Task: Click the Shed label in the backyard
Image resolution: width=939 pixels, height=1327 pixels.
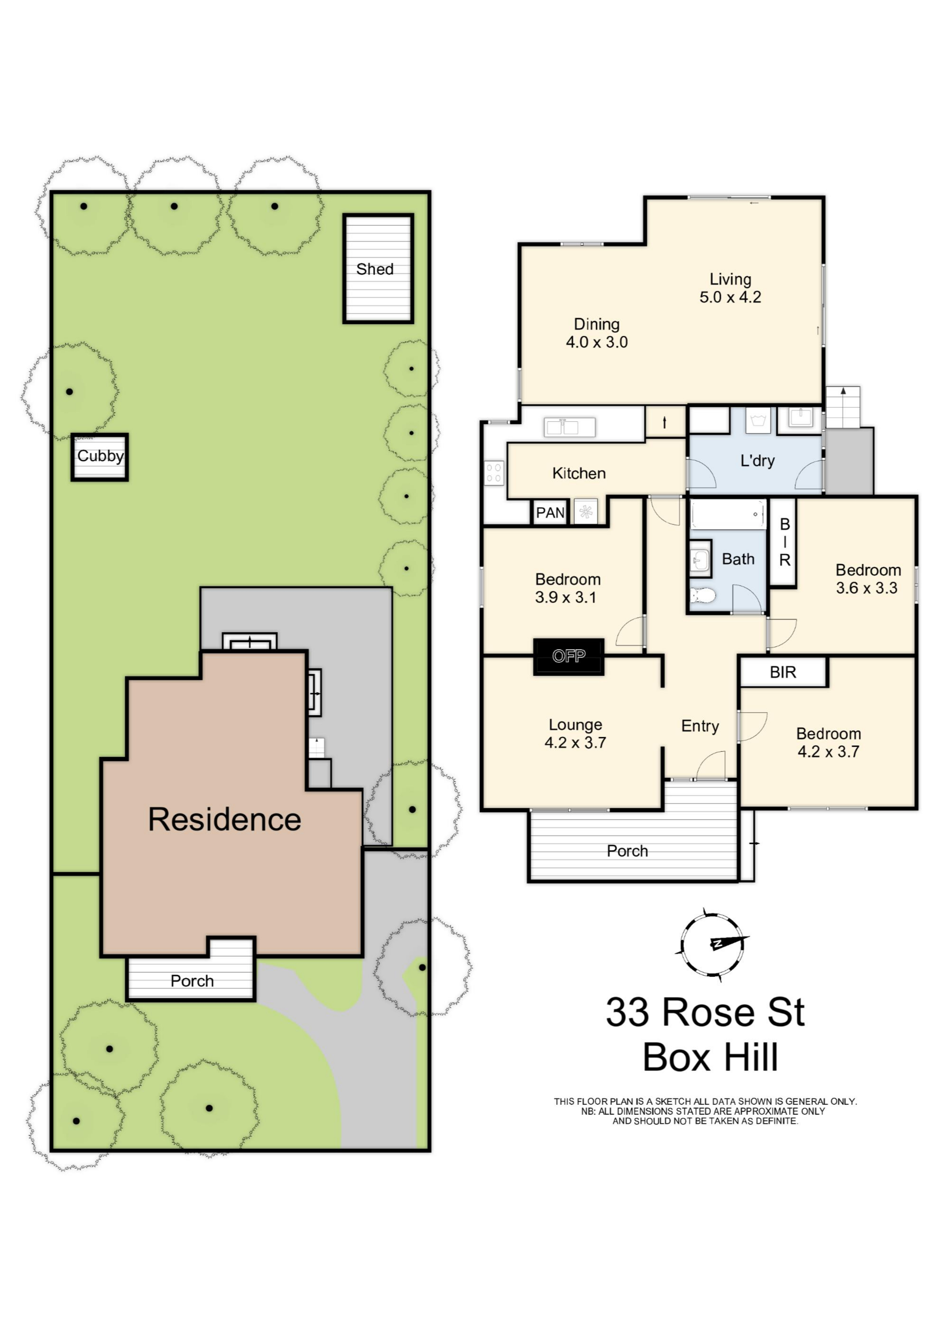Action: (375, 269)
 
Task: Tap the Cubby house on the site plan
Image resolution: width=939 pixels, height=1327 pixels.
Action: (100, 457)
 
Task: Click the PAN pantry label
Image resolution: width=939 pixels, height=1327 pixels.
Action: (550, 513)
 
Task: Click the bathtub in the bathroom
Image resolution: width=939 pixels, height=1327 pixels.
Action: (728, 514)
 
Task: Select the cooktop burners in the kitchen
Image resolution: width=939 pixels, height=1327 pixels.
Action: (494, 473)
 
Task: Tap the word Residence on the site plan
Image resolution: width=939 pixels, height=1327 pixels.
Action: (225, 820)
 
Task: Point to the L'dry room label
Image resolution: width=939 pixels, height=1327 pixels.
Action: (757, 461)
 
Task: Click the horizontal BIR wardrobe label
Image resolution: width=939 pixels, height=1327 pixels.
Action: (783, 672)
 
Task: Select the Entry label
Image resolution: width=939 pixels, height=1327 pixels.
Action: (700, 727)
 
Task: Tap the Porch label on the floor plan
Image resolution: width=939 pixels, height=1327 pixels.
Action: (627, 851)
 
